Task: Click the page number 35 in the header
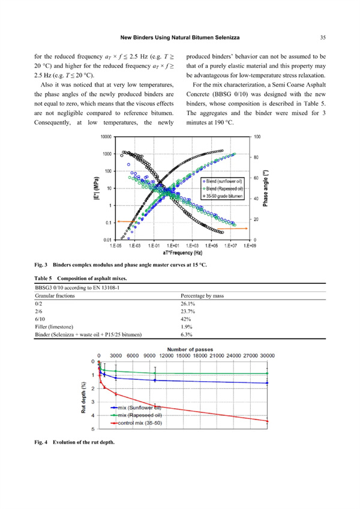322,37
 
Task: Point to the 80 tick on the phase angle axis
257,158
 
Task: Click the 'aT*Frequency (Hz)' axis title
176,251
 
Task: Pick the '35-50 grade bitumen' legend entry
224,196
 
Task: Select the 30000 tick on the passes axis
266,355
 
